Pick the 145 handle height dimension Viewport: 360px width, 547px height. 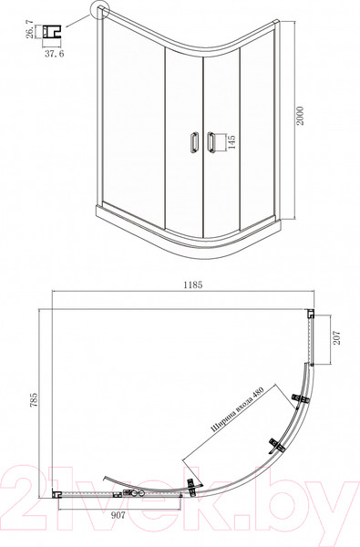tap(231, 143)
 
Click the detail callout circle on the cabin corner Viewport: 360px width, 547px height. tap(99, 12)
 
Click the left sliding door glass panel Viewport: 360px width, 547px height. tap(182, 137)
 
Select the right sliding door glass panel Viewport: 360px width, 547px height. tap(221, 137)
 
